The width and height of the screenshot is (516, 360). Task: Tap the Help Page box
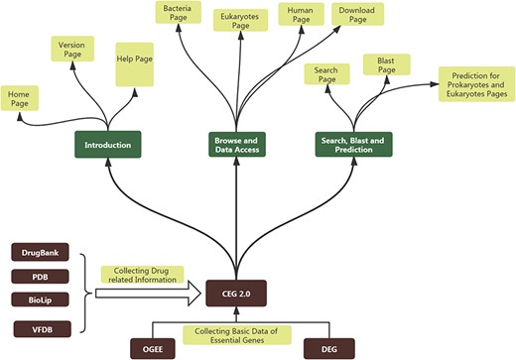click(x=135, y=60)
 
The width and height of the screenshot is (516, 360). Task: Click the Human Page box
click(x=299, y=17)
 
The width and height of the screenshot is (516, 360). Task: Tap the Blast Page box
click(x=386, y=66)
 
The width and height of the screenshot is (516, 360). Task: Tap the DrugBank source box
click(x=37, y=254)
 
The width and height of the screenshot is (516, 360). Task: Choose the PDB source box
click(x=37, y=277)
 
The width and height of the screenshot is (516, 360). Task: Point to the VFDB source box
click(x=37, y=328)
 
